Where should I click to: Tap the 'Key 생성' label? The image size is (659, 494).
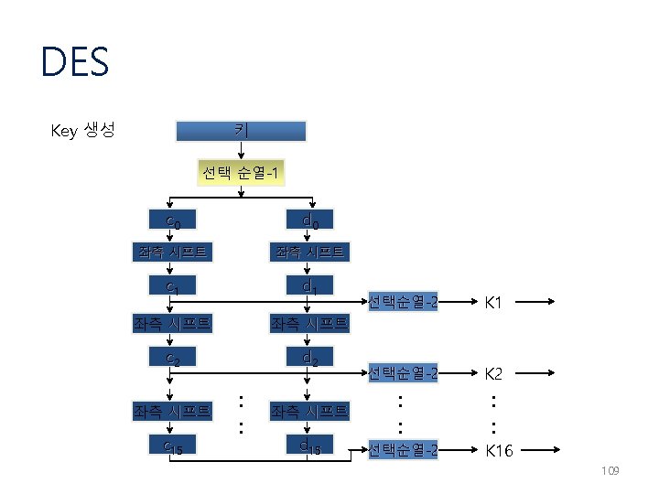coord(82,131)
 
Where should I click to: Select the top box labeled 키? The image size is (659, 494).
coord(240,131)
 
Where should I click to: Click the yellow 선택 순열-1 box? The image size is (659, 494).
coord(240,173)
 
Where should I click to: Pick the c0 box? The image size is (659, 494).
coord(172,220)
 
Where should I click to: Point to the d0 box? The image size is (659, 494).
coord(310,220)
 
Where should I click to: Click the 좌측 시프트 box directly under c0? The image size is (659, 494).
coord(172,252)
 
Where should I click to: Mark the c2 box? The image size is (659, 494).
coord(172,357)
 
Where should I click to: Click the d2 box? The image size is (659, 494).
coord(310,357)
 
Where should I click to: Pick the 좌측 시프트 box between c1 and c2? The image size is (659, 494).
coord(172,323)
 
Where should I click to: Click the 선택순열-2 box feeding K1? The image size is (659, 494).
coord(403,301)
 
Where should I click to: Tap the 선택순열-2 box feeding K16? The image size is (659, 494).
coord(403,450)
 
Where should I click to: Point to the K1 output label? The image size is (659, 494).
coord(494,301)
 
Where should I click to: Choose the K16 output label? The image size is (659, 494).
coord(500,450)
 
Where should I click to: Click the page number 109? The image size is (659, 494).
coord(610,471)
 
